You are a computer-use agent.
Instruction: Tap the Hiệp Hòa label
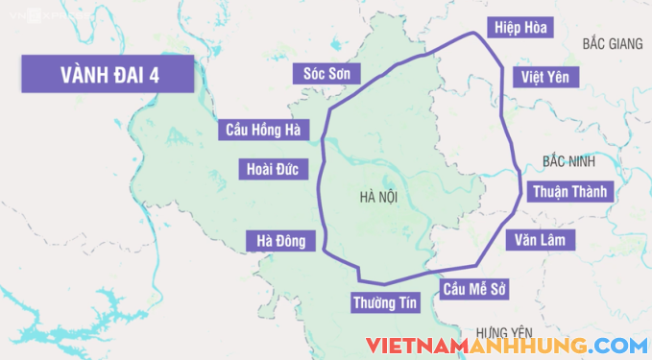[x=520, y=28]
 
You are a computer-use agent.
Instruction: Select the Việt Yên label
[x=544, y=78]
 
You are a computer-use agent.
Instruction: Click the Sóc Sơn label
[x=326, y=75]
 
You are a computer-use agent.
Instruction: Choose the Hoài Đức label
[x=272, y=171]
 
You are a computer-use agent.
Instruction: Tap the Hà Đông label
[x=280, y=242]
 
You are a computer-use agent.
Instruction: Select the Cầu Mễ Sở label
[x=473, y=289]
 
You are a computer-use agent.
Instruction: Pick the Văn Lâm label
[x=540, y=239]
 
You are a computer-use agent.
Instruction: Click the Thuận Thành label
[x=569, y=191]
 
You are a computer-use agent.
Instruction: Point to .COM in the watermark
[x=619, y=345]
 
